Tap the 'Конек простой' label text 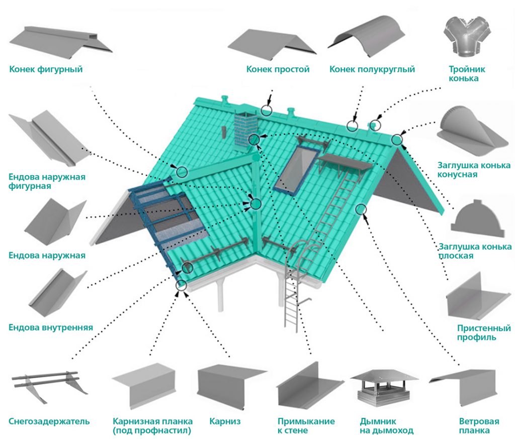point(278,69)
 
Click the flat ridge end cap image point(477,217)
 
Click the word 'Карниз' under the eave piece point(225,421)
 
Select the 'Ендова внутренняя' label point(51,327)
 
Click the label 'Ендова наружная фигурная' point(47,182)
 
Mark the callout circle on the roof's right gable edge point(360,209)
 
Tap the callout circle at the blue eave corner point(181,285)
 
